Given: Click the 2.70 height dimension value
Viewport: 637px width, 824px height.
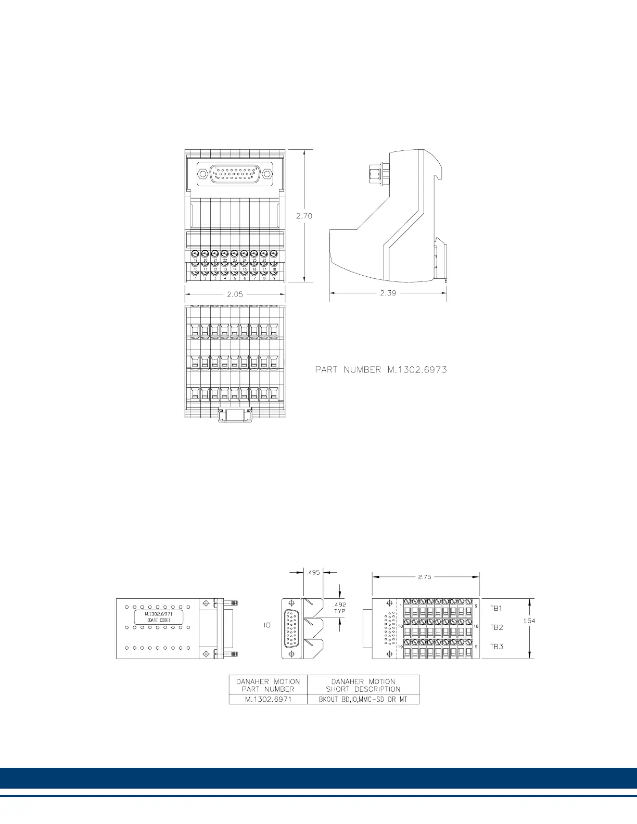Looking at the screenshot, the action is (304, 216).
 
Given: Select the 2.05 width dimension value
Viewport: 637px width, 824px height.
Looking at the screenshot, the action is (235, 294).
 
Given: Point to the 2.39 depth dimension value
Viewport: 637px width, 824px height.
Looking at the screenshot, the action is (388, 293).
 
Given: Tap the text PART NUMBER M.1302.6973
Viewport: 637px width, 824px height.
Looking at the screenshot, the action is (381, 370).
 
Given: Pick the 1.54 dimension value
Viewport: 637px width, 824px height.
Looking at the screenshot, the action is (529, 621).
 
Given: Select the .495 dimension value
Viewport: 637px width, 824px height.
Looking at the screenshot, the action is (313, 572).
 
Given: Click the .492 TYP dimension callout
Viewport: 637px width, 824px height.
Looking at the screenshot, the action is (339, 608).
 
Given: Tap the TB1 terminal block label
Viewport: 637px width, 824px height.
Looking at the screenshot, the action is (496, 608).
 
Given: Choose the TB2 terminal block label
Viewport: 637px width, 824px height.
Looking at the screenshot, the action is (496, 627).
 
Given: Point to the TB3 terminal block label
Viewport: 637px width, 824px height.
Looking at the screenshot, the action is (496, 647).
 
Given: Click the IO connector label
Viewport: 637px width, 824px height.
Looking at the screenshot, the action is (266, 626).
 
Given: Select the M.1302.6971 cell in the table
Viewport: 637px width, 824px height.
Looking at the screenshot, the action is (268, 699).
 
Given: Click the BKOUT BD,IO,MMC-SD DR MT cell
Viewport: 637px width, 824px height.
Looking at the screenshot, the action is (363, 699).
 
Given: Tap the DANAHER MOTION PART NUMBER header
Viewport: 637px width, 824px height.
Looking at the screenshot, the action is (268, 685).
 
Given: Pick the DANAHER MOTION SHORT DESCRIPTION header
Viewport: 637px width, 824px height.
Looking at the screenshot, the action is (363, 685).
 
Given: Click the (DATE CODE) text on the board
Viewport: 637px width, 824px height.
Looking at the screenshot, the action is (159, 620).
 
